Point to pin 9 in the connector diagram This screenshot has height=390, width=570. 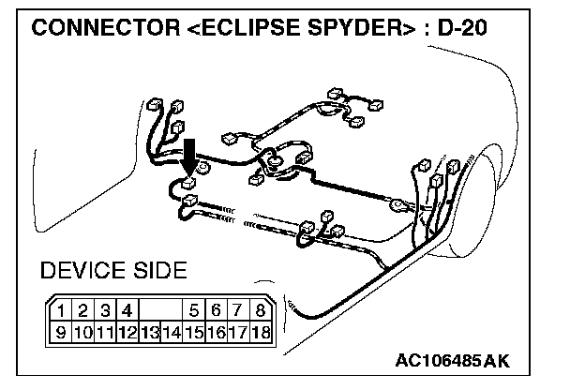(x=61, y=331)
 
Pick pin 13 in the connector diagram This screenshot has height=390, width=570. (x=149, y=331)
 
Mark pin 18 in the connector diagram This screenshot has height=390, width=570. (x=260, y=331)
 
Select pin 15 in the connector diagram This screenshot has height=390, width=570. (x=193, y=331)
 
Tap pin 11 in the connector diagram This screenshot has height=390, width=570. (x=104, y=331)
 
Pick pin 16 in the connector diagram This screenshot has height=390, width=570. (x=216, y=331)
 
